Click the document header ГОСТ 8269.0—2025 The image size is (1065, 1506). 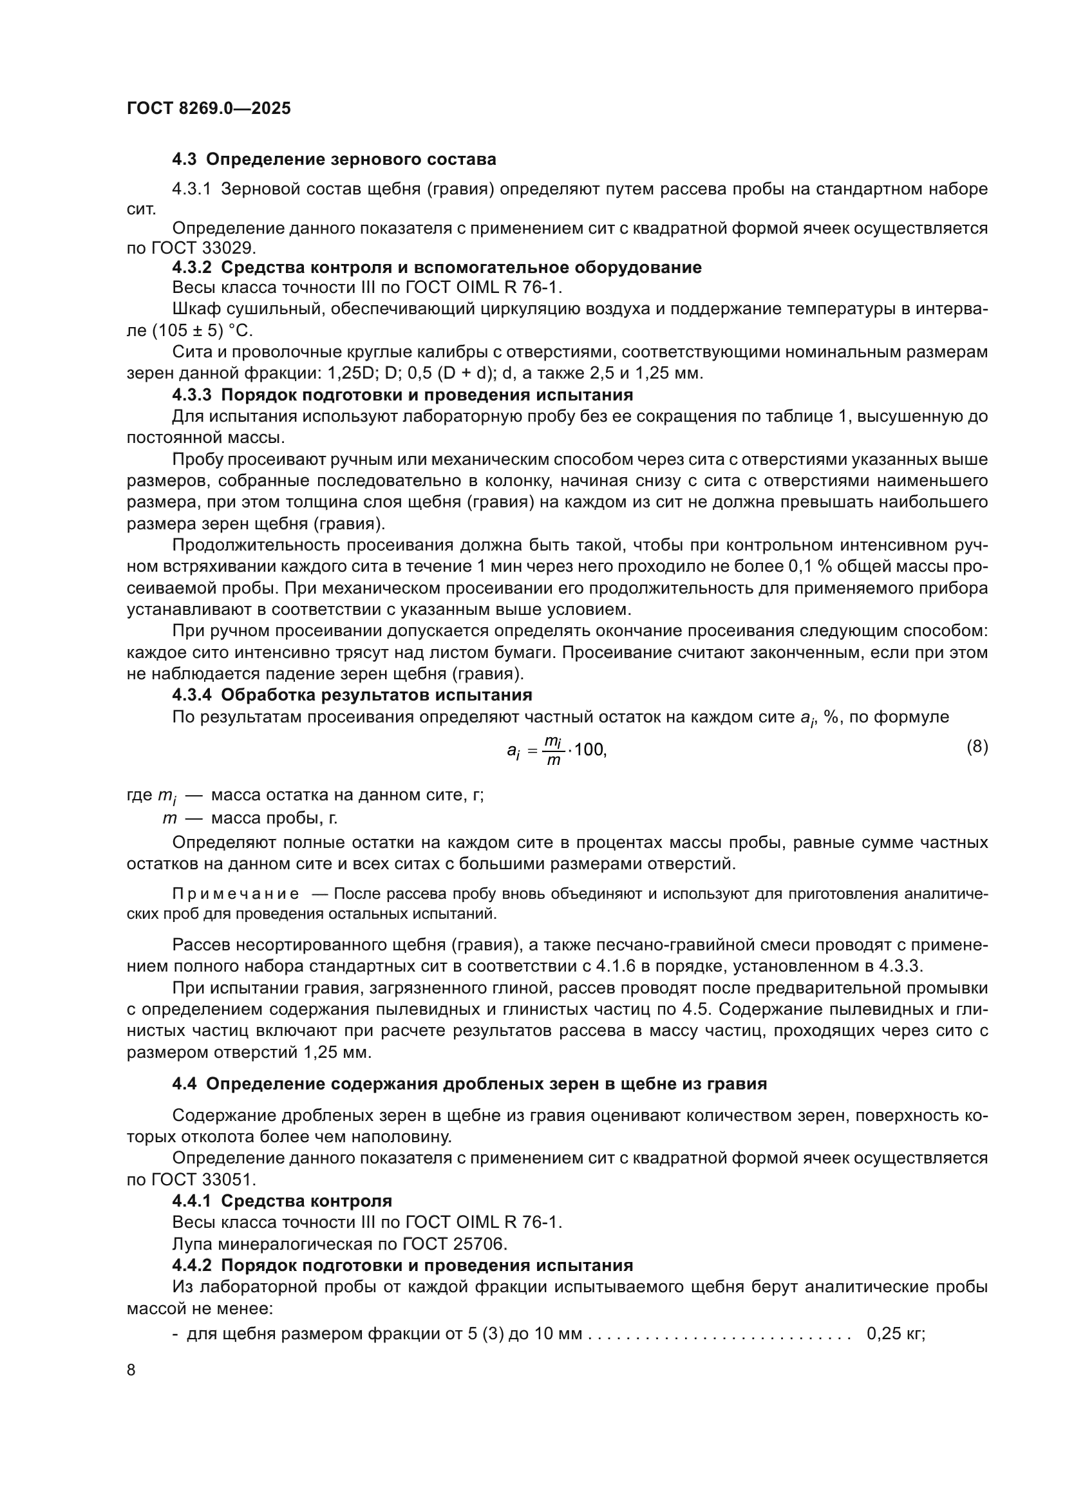click(209, 109)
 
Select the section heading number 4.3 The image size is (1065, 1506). click(184, 160)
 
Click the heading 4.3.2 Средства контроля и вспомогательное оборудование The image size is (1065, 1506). click(437, 268)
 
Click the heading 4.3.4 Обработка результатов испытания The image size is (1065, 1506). click(352, 695)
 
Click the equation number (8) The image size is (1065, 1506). click(977, 746)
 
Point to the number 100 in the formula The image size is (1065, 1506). click(589, 749)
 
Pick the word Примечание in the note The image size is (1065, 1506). click(236, 894)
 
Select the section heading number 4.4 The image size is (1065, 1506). click(184, 1084)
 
